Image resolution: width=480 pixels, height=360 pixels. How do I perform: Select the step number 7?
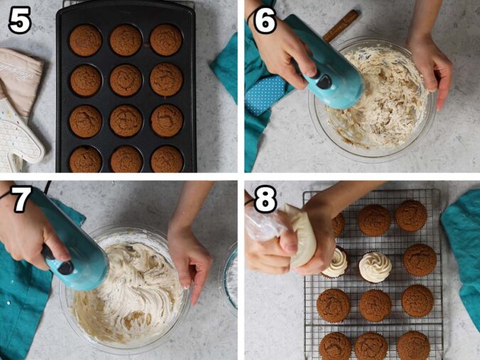[19, 200]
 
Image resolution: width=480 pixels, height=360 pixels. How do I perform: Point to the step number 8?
[265, 200]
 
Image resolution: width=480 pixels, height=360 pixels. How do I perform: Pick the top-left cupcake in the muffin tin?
[85, 40]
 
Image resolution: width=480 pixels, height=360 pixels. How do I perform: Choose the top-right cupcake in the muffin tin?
[166, 40]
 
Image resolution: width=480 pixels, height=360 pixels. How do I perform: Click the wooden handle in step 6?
[341, 25]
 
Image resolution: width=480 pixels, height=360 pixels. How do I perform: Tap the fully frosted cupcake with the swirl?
[375, 267]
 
